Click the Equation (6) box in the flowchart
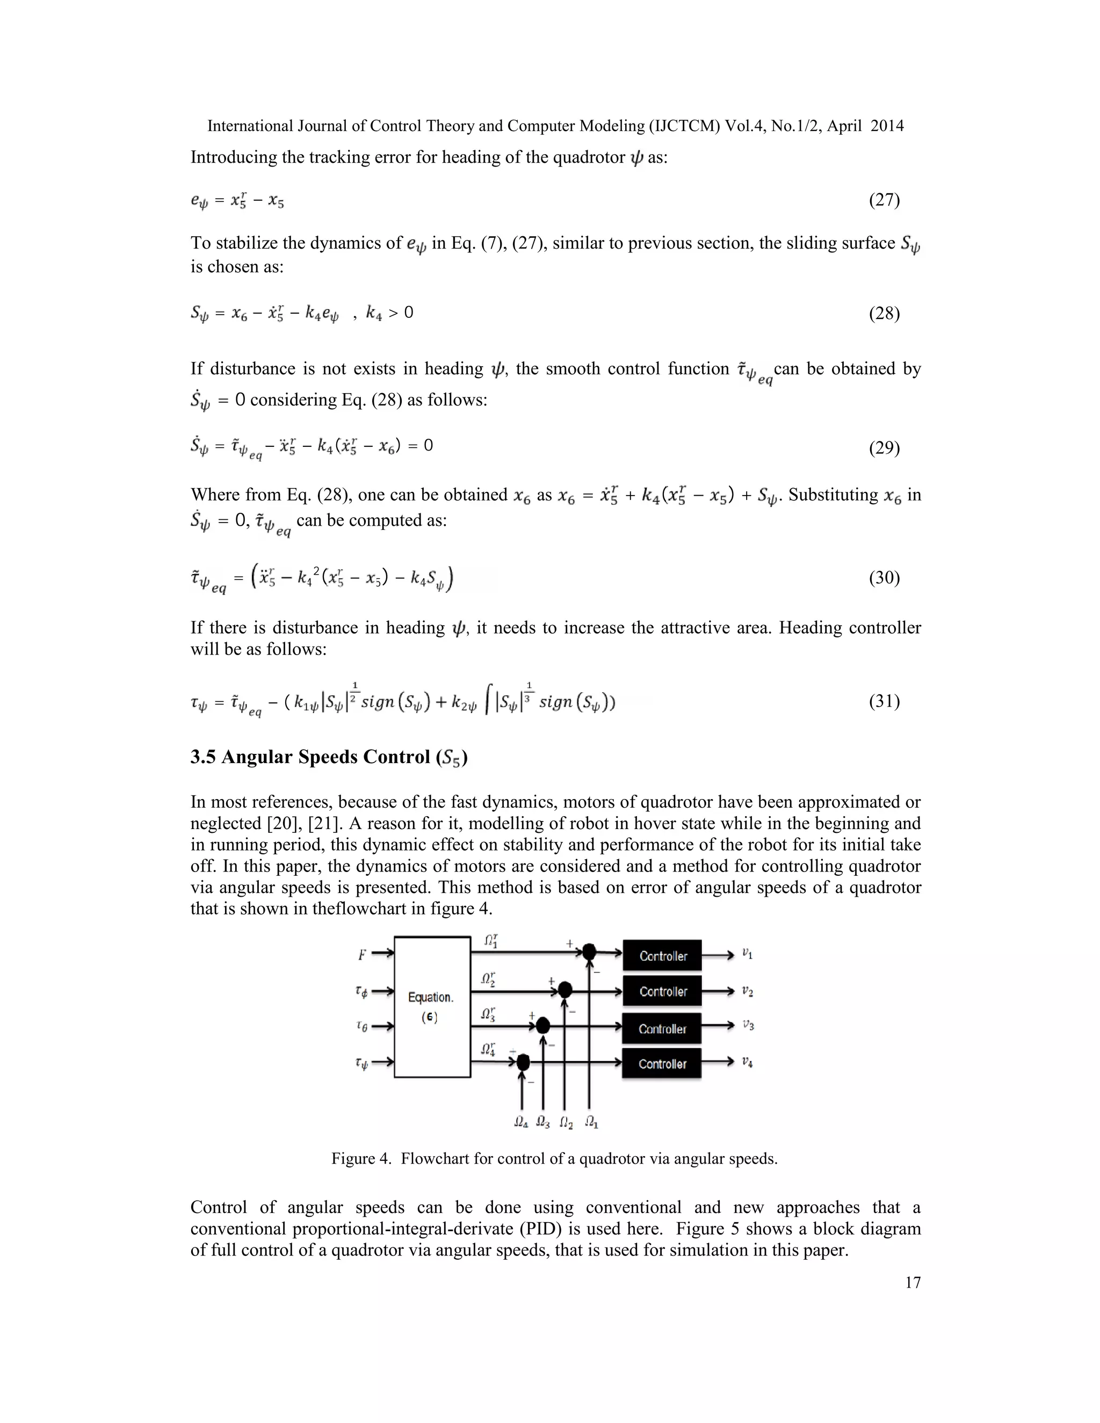pos(432,1007)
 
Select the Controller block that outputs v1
pos(662,956)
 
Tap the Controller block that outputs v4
pos(662,1064)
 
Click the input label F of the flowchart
pos(361,955)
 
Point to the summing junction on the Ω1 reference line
pos(589,952)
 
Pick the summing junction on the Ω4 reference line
pos(523,1063)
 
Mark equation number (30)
pos(884,577)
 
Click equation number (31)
pos(884,701)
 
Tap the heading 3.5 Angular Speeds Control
pos(328,757)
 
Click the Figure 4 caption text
pos(554,1158)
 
